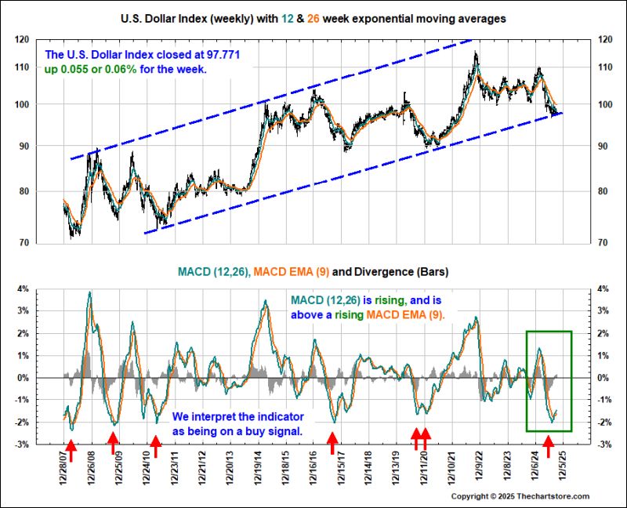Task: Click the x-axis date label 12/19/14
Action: click(261, 468)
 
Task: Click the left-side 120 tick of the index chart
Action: click(44, 39)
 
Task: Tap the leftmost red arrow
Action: click(70, 447)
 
